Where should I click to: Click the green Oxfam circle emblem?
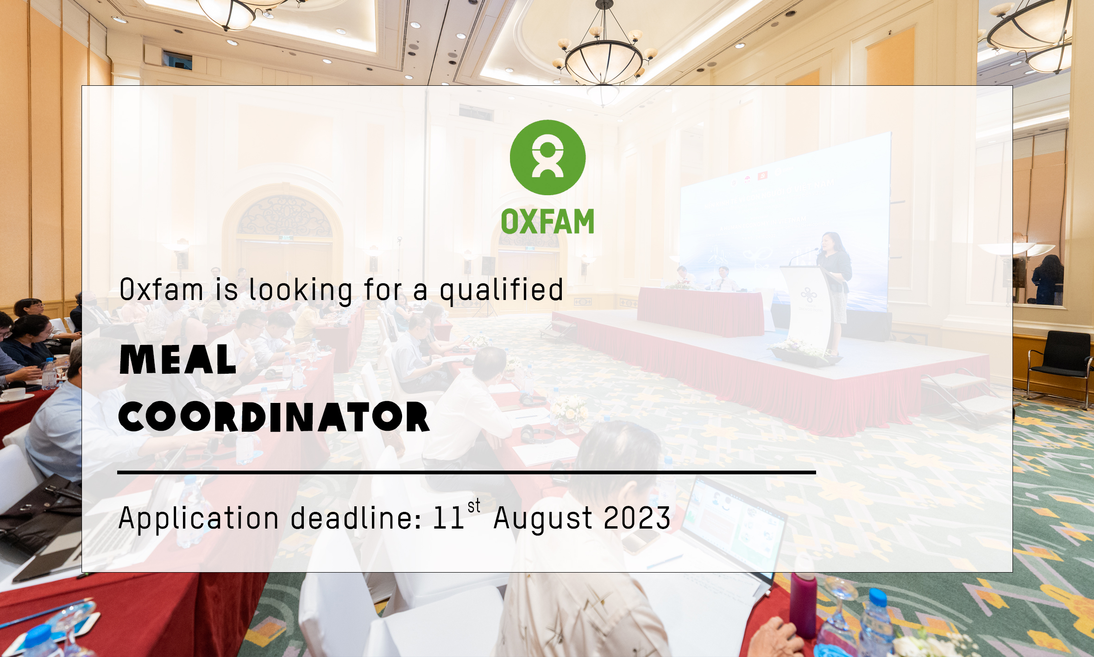point(547,157)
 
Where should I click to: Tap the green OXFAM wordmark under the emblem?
point(547,222)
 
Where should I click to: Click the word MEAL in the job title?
point(178,359)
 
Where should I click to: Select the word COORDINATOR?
point(274,417)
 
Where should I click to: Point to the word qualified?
point(502,291)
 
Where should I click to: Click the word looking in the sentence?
point(301,291)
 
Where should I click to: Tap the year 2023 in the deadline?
point(637,517)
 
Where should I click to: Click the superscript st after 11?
point(474,506)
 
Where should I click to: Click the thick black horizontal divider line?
point(466,472)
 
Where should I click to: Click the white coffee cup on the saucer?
point(14,394)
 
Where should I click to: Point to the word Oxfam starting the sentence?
point(161,290)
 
